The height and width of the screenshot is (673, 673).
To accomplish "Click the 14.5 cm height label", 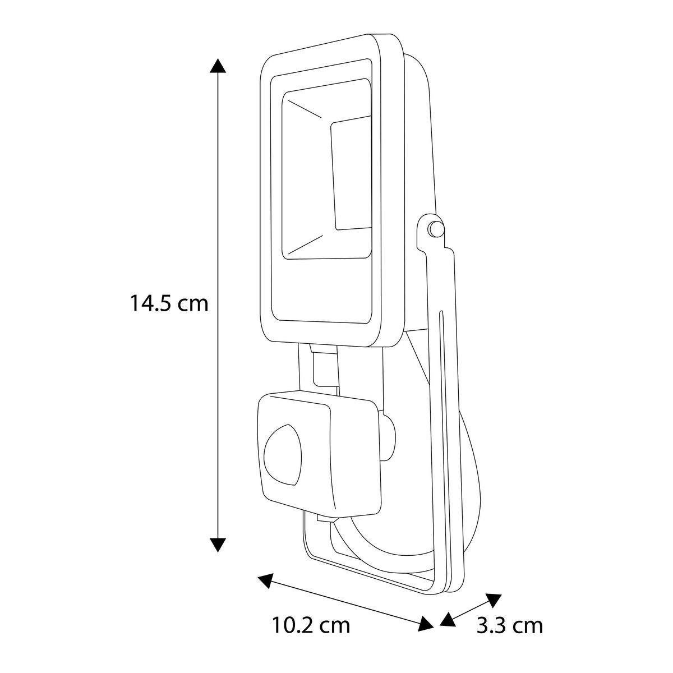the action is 169,303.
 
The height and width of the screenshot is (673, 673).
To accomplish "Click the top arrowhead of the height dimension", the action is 218,66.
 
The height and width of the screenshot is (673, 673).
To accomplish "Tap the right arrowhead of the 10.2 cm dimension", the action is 425,624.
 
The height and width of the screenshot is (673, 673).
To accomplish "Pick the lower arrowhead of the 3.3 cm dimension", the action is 448,620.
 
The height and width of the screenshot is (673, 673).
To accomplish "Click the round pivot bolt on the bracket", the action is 436,229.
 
